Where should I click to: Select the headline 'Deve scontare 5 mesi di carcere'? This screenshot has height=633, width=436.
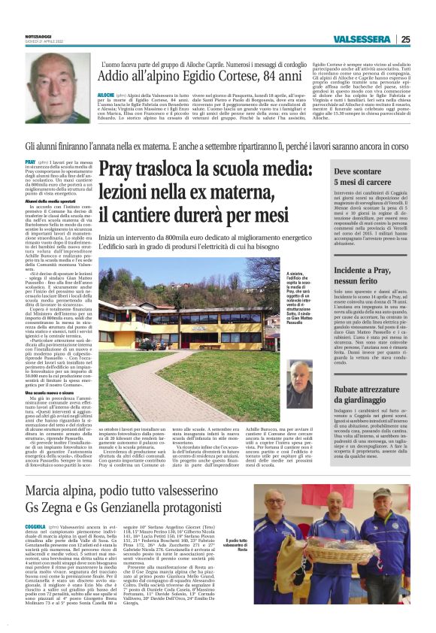tap(356, 177)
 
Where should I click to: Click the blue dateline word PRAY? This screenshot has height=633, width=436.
tap(30, 162)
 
